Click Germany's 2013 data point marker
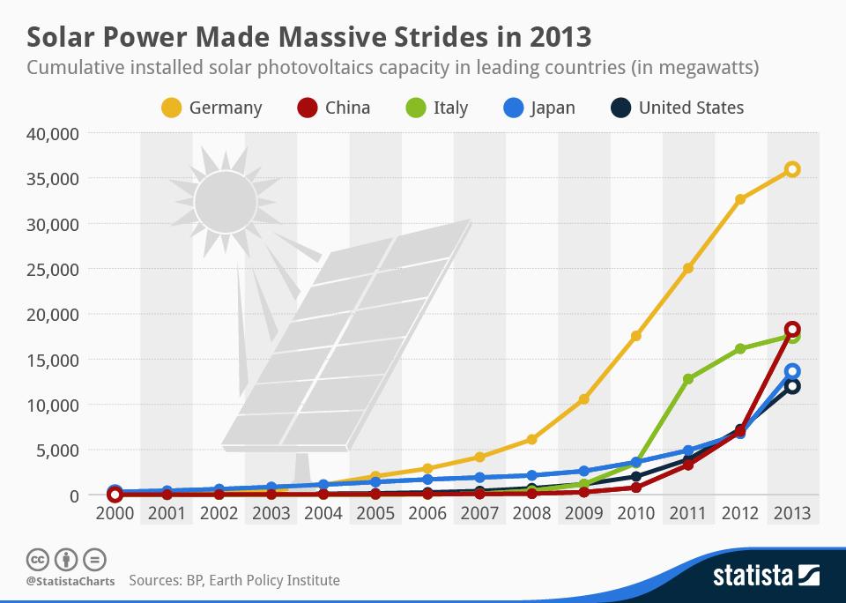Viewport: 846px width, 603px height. [792, 169]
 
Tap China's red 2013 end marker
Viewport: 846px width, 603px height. [792, 329]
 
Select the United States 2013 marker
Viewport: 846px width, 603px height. [792, 386]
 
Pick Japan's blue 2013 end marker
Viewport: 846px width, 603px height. [792, 372]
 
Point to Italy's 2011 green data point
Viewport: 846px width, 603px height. [688, 379]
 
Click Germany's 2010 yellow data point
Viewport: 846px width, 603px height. [635, 336]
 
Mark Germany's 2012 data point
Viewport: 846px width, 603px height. [740, 199]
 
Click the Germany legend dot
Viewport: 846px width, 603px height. [172, 108]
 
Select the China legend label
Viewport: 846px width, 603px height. [347, 108]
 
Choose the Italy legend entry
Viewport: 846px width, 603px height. [450, 108]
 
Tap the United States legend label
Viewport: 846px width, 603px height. [691, 108]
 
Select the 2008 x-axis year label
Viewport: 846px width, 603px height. [531, 512]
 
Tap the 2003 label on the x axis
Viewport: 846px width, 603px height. [271, 512]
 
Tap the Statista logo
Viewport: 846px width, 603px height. [765, 577]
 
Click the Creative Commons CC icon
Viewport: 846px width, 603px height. [37, 558]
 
